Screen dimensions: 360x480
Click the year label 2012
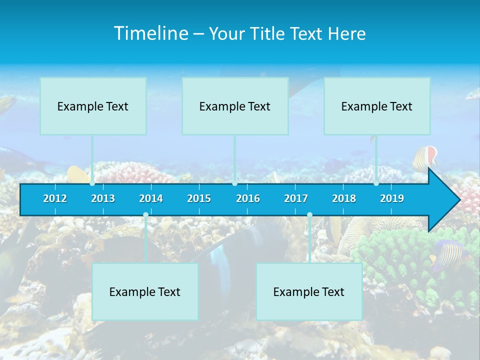[55, 198]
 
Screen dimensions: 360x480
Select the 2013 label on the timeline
[103, 198]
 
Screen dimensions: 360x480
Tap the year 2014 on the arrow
[151, 198]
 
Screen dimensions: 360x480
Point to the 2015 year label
[199, 198]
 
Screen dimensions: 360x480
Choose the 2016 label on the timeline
[248, 198]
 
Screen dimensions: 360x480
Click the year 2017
[296, 198]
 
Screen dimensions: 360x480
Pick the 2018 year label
[344, 198]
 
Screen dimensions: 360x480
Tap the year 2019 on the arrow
[392, 198]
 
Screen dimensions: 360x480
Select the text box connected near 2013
[93, 106]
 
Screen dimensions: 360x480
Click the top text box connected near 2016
[235, 106]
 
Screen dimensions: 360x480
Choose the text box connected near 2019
[377, 106]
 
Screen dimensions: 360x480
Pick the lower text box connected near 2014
[145, 291]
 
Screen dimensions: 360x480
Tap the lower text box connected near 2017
[309, 291]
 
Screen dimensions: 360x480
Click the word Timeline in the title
[150, 33]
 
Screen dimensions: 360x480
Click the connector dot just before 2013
[92, 183]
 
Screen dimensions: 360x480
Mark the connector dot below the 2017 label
[309, 215]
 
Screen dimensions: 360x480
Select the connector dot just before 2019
[376, 183]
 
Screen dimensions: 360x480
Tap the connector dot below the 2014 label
[145, 215]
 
